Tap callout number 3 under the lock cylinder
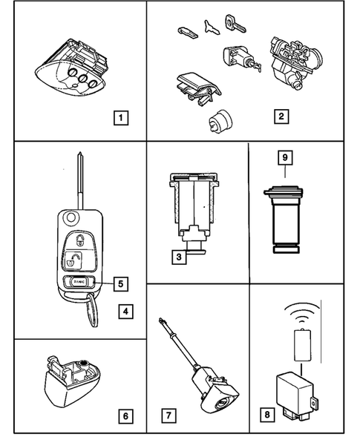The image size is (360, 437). tap(177, 257)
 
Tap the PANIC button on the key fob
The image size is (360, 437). tap(77, 281)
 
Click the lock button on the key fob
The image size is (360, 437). tap(76, 239)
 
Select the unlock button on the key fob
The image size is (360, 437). tap(76, 260)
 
